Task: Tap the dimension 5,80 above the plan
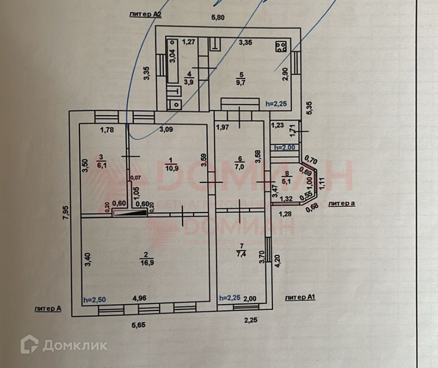point(218,17)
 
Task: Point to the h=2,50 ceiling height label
point(95,299)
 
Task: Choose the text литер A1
point(300,298)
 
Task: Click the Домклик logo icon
point(28,345)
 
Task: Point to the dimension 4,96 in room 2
point(139,298)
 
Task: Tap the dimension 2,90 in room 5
point(286,74)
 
